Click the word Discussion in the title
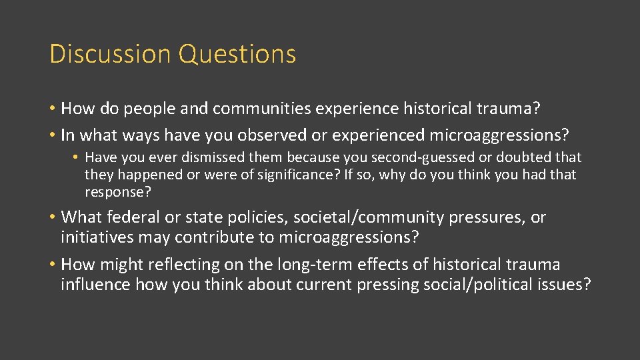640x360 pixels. pos(109,54)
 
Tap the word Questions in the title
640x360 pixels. pos(237,54)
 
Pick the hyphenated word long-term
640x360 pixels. pos(316,265)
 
